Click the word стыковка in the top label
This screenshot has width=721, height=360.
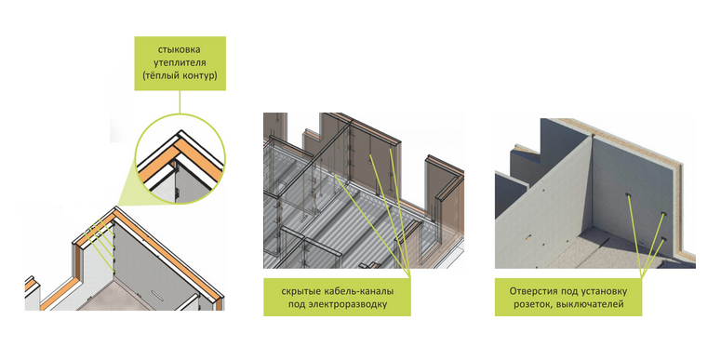180,49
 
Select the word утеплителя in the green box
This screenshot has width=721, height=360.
180,62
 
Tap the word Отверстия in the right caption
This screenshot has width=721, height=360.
529,291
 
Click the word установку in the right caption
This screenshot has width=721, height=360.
606,291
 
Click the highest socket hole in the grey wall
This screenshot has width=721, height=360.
628,196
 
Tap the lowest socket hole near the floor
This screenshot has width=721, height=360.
663,239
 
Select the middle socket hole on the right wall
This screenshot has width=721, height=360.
663,215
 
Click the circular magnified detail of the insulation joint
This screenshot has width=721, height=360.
180,159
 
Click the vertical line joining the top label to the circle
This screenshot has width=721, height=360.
180,101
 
